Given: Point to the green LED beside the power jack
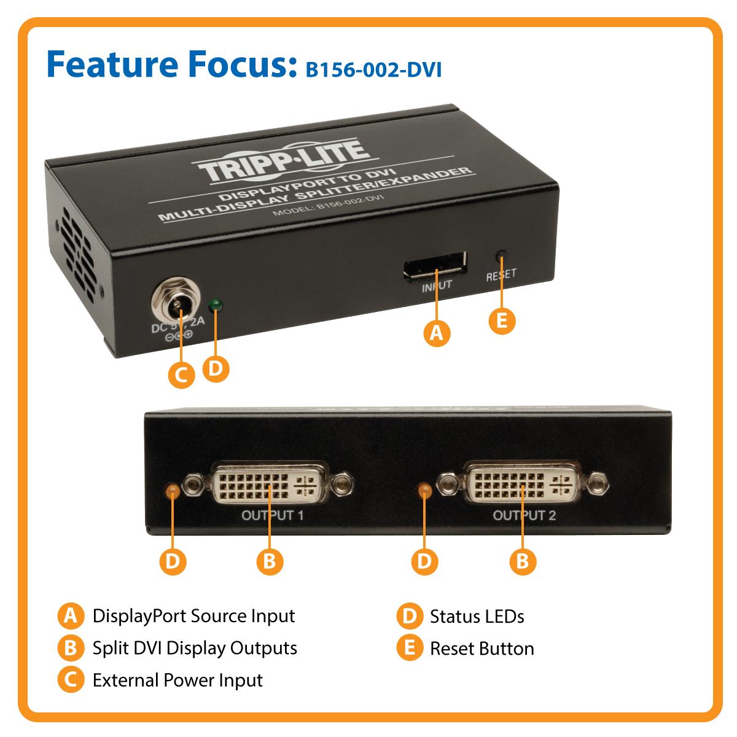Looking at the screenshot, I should pos(215,305).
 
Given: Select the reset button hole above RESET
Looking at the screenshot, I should pos(502,254).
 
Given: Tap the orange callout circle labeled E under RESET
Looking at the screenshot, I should pos(502,321).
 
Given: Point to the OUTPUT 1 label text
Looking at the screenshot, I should pos(272,515).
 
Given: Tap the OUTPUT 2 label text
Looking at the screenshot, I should pos(524,515).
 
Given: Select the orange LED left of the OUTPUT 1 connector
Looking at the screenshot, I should pos(173,489).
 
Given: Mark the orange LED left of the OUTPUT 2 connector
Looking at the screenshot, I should pos(423,489).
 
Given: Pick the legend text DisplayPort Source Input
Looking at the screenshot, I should pos(193,616).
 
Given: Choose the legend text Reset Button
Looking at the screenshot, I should pos(482,649).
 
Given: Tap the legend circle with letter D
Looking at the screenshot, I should pos(408,616).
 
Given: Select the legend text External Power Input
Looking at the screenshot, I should pos(177,680).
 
